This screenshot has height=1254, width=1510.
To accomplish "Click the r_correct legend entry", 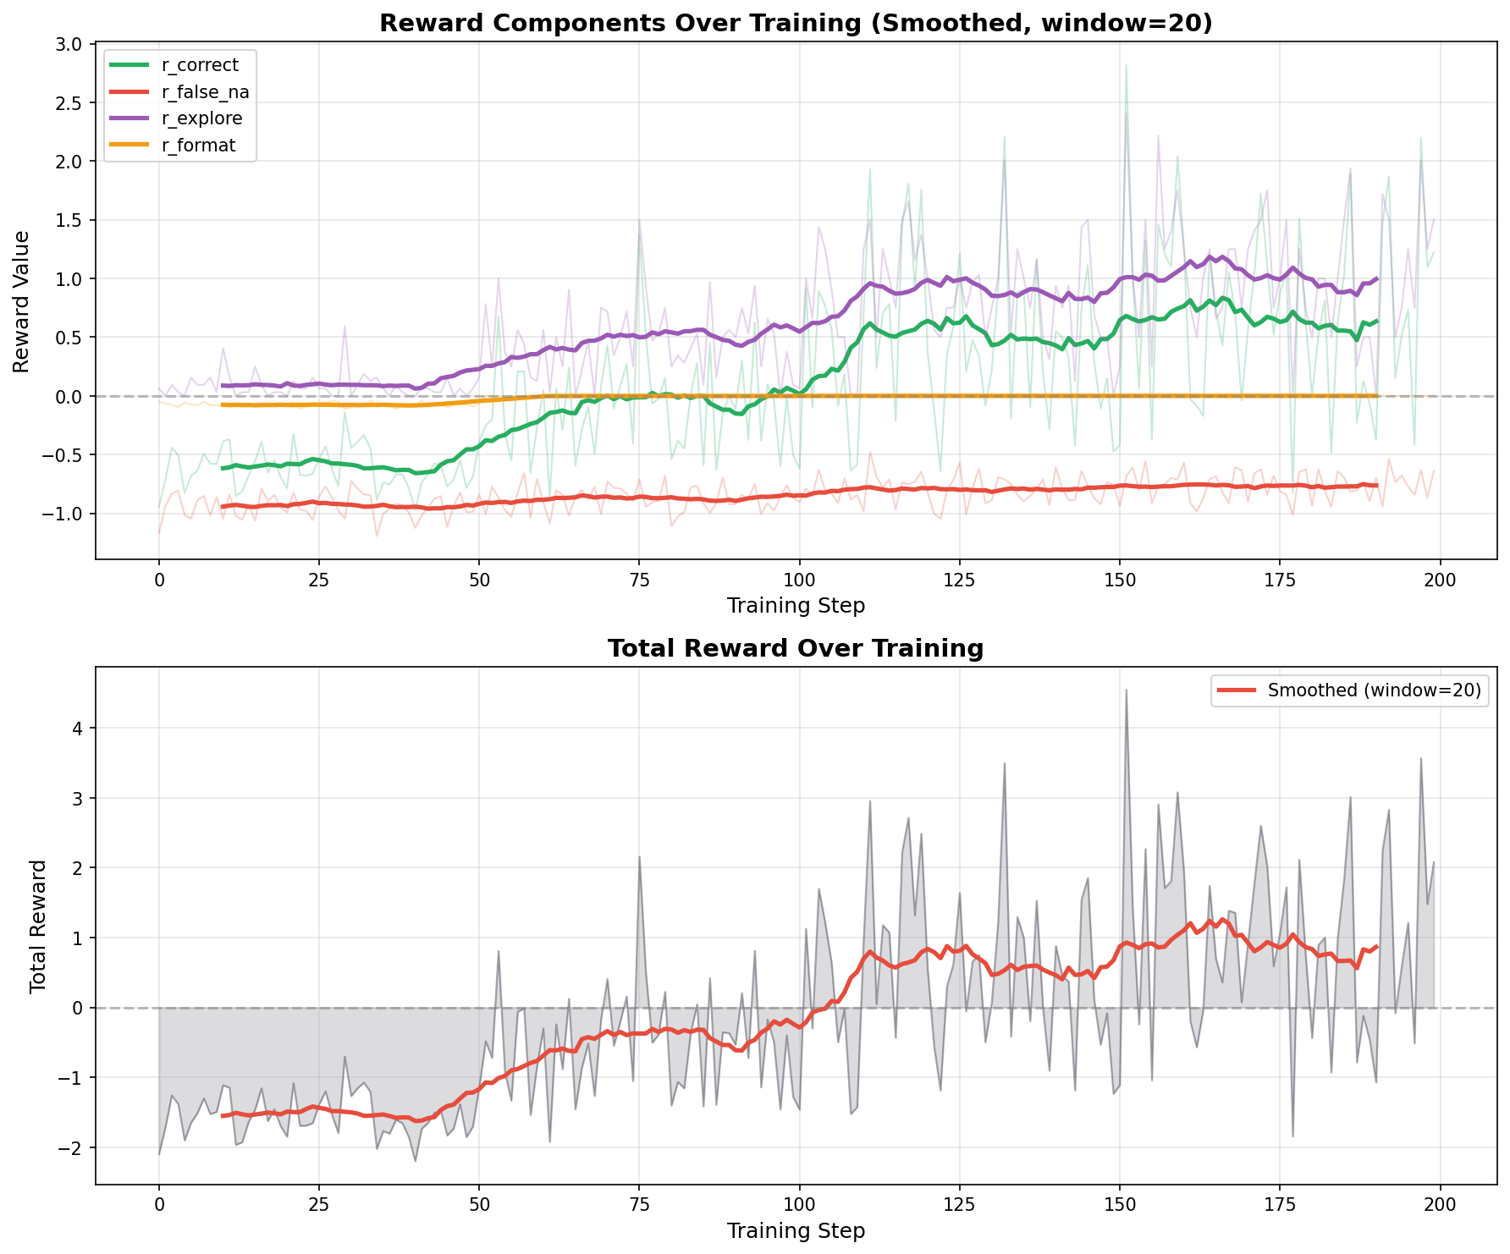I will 200,65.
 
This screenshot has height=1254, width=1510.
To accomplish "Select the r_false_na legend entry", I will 204,92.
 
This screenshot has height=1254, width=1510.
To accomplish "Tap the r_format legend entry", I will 198,146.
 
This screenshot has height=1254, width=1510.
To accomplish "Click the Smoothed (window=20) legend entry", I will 1374,690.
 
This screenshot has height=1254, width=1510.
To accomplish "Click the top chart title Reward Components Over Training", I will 796,23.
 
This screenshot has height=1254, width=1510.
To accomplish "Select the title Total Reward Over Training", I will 796,649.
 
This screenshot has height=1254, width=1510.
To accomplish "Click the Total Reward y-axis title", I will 38,926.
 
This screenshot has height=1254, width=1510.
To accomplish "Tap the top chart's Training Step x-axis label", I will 796,605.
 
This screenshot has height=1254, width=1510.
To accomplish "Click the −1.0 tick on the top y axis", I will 69,514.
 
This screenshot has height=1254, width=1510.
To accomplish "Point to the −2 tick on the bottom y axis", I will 78,1147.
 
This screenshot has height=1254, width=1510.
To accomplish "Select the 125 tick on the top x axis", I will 960,580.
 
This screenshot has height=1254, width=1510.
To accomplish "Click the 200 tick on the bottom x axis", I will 1440,1205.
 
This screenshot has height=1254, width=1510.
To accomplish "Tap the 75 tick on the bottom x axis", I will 639,1205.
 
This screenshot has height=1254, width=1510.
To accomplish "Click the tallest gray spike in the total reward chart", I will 1126,691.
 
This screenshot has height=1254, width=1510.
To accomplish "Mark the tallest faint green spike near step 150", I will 1126,66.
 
